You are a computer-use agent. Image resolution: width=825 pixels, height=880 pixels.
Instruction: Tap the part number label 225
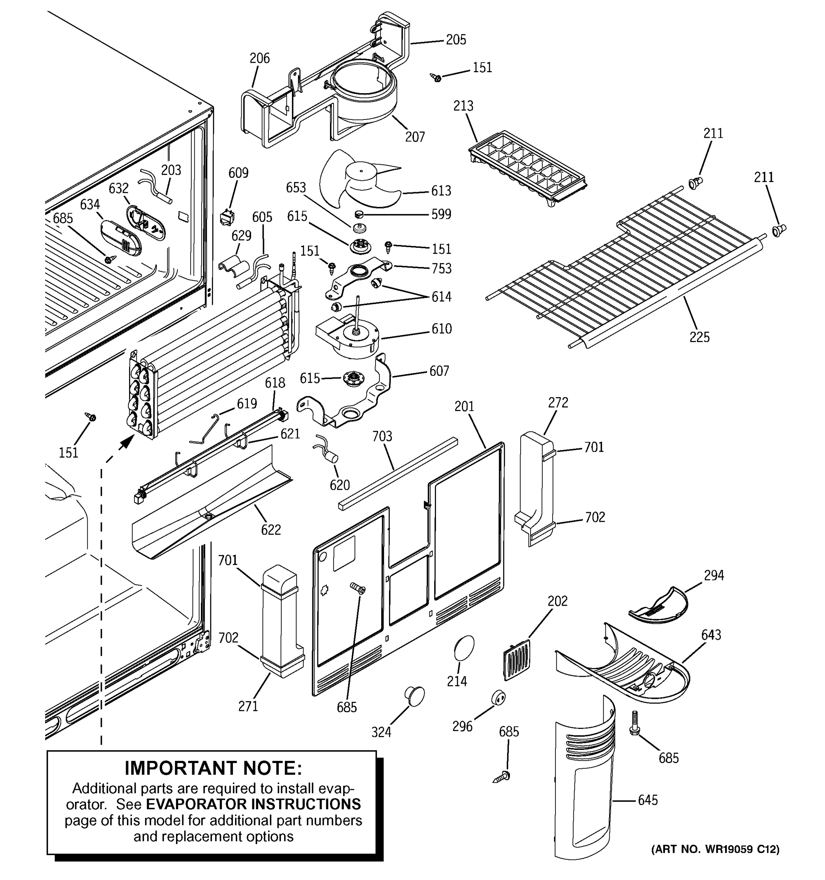(x=699, y=337)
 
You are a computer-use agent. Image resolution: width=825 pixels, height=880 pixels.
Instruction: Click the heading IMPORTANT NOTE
(x=213, y=768)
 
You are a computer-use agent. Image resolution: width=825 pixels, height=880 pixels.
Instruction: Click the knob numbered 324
(x=414, y=696)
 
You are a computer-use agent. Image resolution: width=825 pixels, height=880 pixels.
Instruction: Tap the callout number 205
(x=456, y=40)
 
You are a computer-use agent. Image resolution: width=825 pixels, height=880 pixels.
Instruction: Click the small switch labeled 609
(x=227, y=217)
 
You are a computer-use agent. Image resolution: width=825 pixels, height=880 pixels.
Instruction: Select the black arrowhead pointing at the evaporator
(x=128, y=441)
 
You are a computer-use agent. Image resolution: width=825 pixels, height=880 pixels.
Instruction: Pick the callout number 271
(x=248, y=707)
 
